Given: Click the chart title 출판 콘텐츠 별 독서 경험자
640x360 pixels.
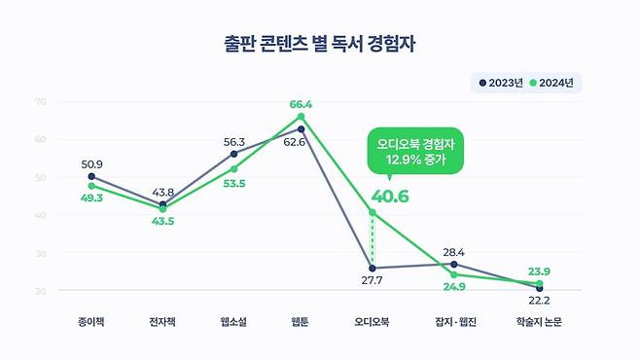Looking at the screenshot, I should (x=319, y=45).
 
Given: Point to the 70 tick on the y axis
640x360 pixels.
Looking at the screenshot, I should (x=40, y=101).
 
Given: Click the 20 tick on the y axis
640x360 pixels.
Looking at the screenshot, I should (x=40, y=291).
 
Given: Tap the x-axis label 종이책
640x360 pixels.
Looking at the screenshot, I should (x=92, y=322).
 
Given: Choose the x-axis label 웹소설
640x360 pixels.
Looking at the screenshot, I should (x=233, y=322).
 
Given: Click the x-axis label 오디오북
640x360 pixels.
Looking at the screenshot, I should (x=373, y=322).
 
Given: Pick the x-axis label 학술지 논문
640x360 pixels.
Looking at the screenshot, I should (x=538, y=322).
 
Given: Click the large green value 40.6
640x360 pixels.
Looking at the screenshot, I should (x=390, y=197).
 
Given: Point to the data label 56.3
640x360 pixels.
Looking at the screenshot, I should (x=233, y=141).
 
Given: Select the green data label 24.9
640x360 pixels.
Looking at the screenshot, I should (x=455, y=287).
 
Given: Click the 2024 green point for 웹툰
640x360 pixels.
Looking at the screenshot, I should (x=302, y=117).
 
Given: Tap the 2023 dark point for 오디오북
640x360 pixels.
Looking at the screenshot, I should (x=373, y=268).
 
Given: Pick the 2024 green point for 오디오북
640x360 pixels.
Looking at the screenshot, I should (x=373, y=212).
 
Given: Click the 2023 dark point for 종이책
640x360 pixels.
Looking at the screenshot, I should (x=91, y=176).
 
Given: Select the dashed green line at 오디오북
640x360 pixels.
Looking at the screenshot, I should (x=373, y=239).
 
